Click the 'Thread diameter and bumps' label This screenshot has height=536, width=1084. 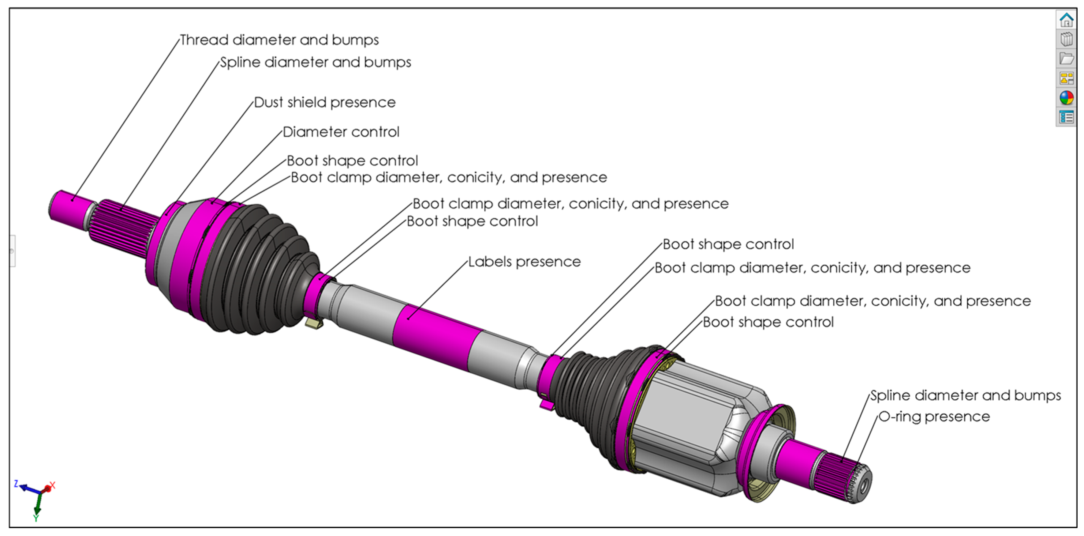click(279, 40)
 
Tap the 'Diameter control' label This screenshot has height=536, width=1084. click(341, 132)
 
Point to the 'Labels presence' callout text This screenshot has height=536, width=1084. click(524, 262)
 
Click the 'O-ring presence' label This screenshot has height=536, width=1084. click(934, 417)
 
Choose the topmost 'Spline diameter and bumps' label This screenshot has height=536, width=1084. click(316, 62)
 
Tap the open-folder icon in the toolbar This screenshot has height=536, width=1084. click(1066, 59)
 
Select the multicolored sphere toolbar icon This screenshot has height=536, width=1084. click(1066, 98)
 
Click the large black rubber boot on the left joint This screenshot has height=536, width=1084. click(257, 270)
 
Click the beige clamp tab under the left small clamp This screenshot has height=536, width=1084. click(313, 323)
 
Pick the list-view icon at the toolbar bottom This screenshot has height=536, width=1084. click(1066, 118)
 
